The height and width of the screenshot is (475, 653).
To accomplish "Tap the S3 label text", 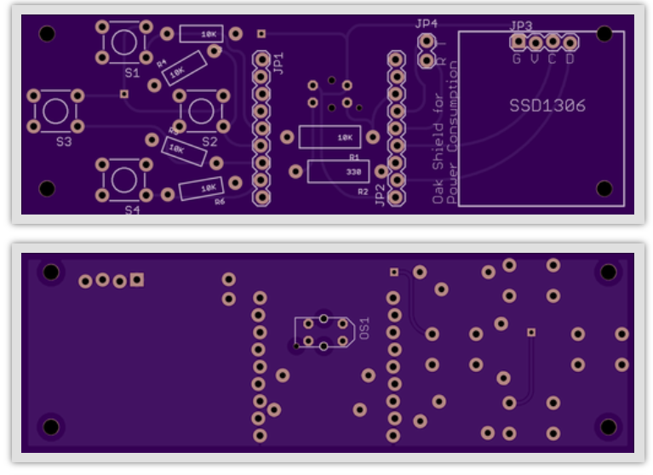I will (x=64, y=142).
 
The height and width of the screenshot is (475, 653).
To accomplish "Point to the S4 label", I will (x=131, y=209).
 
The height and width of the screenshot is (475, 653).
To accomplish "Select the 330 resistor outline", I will (x=338, y=171).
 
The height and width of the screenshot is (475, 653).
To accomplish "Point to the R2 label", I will (x=364, y=192).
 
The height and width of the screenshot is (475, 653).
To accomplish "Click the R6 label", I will (x=220, y=202).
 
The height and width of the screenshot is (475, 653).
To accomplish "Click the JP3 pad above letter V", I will (x=535, y=42).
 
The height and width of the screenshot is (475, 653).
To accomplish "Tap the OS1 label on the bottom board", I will (x=364, y=329).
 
